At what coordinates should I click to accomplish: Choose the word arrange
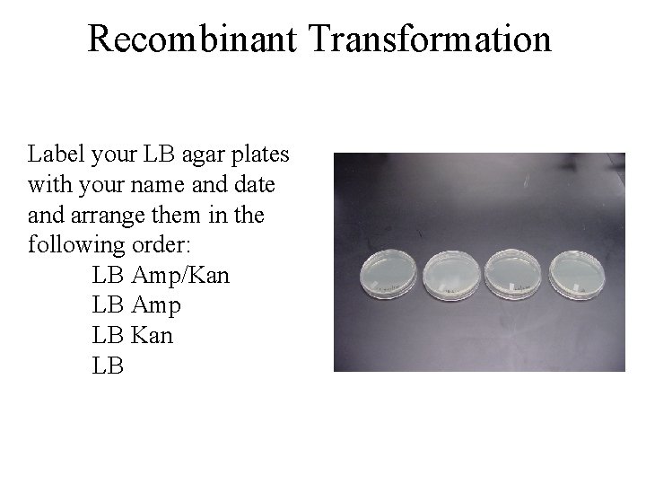107,216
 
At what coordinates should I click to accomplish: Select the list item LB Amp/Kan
161,275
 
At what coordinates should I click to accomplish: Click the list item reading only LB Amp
136,305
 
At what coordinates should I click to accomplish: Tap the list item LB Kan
133,335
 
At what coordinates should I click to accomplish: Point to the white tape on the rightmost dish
574,288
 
